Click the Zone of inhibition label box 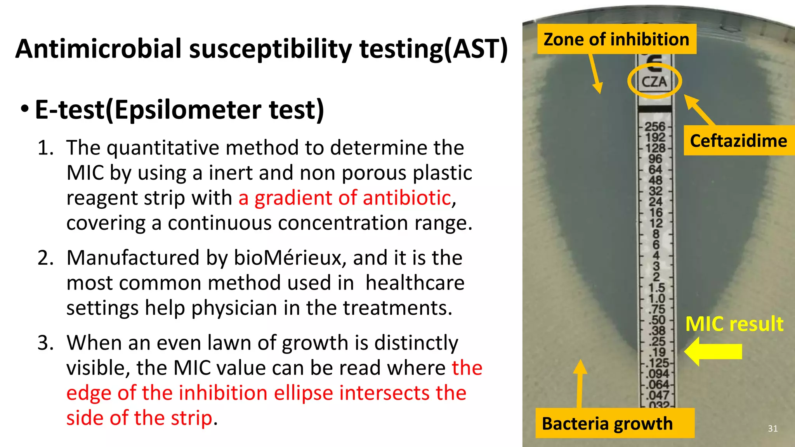616,39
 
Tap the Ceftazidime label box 738,140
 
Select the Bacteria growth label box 614,423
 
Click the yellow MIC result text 734,324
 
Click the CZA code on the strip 654,82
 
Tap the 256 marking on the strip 655,126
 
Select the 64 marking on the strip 655,170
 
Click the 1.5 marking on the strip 656,288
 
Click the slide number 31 772,428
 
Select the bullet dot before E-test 24,109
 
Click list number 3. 45,343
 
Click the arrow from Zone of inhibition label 595,73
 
